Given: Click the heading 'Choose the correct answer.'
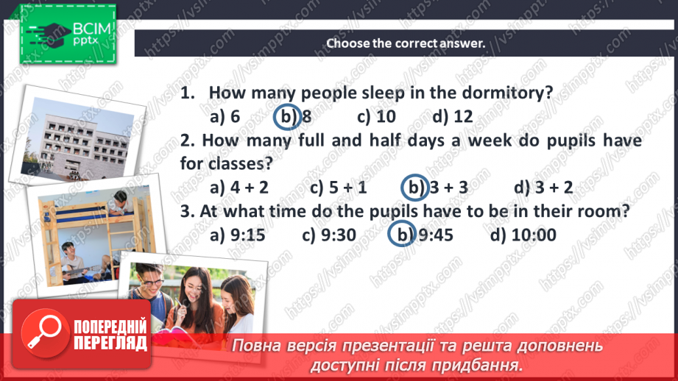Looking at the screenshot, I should click(x=406, y=43).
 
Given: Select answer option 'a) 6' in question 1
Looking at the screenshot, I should click(x=225, y=117).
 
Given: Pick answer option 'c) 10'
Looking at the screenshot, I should click(x=376, y=117).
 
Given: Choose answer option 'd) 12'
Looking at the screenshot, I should click(x=452, y=117).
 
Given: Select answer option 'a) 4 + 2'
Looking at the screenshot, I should click(x=239, y=188).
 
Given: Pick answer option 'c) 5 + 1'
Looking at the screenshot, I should click(x=338, y=188).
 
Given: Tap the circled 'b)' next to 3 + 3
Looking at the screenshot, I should click(x=414, y=188).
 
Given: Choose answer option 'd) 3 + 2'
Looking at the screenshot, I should click(x=543, y=188).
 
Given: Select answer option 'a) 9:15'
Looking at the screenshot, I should click(x=237, y=235).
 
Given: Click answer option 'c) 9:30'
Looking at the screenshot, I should click(x=329, y=235).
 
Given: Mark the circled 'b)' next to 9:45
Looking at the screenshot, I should click(x=400, y=235).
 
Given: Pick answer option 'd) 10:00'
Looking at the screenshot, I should click(x=523, y=235).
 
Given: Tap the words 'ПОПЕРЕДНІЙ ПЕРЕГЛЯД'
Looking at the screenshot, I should click(x=110, y=335).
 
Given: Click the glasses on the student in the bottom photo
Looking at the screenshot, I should click(x=153, y=282).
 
